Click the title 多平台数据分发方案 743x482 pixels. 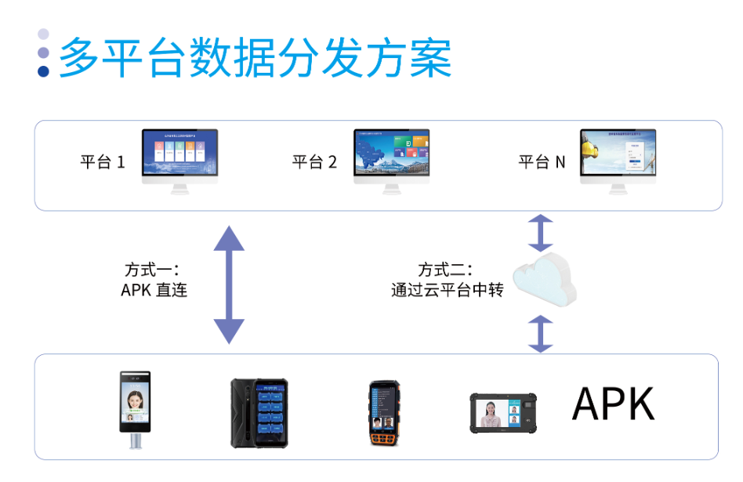coord(255,56)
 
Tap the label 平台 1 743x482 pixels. coord(103,163)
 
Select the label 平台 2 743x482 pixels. coord(314,163)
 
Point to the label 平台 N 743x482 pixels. coord(542,163)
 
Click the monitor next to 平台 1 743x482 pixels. coord(179,159)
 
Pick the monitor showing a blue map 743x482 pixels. coord(392,159)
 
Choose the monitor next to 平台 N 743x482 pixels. coord(618,159)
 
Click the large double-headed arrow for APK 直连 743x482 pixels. coord(229,284)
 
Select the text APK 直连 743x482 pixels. coord(154,291)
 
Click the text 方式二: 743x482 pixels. coord(445,270)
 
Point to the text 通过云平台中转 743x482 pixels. coord(447,291)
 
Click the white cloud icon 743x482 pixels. coord(543,279)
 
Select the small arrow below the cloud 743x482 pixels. coord(540,334)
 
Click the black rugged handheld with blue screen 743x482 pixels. coord(259,412)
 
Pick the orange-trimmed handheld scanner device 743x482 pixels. coord(384,413)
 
